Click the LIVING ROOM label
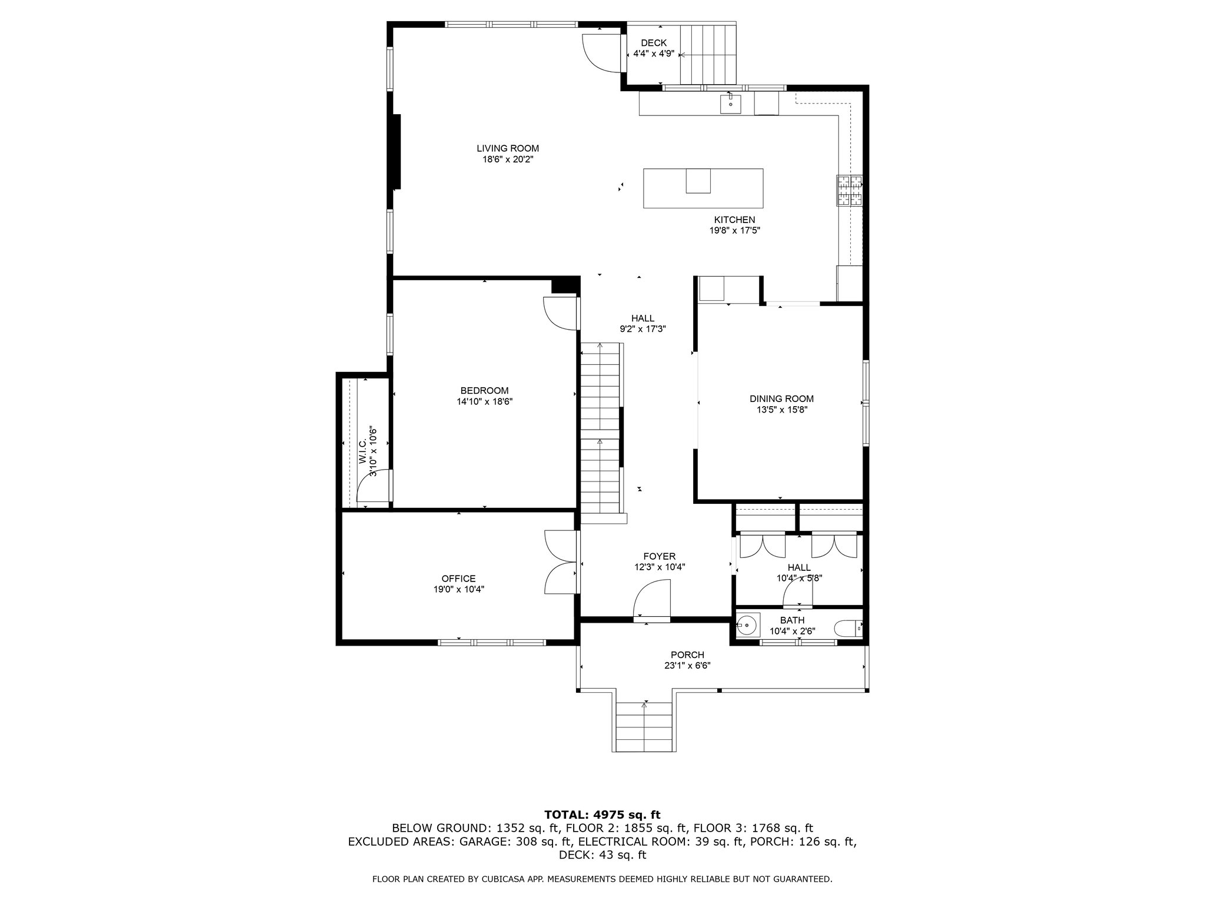(508, 148)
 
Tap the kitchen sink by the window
(730, 104)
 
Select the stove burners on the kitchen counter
(849, 191)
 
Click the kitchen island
(703, 188)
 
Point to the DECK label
(654, 42)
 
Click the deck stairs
(708, 55)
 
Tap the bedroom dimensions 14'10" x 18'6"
(484, 401)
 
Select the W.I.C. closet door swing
(373, 486)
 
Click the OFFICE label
(458, 579)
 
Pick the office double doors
(562, 563)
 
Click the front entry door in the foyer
(652, 599)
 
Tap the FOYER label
(659, 556)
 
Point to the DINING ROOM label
(781, 398)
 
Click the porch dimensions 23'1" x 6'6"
(687, 666)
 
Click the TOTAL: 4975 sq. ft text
(602, 815)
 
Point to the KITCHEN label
(735, 220)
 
